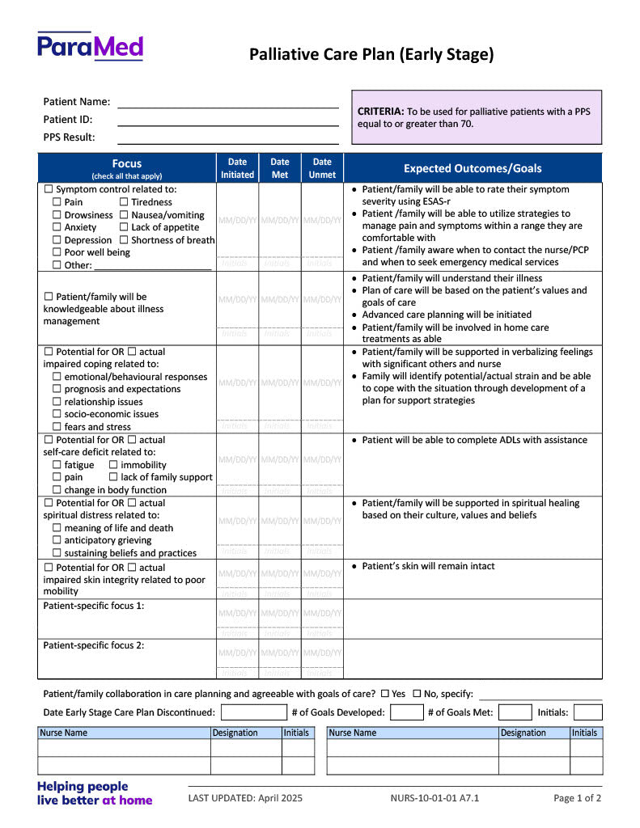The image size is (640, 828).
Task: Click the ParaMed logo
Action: click(90, 46)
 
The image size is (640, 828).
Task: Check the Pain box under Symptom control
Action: click(57, 202)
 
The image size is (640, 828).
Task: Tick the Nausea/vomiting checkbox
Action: click(124, 215)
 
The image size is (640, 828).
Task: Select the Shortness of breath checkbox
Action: click(124, 240)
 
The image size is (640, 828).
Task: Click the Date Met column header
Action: click(280, 168)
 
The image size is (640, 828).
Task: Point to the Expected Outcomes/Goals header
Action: click(473, 168)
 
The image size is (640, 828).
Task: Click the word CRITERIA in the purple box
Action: click(380, 112)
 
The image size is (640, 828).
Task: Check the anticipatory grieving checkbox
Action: click(57, 540)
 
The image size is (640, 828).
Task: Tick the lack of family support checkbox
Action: click(113, 477)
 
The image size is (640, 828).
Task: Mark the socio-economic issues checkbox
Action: click(57, 414)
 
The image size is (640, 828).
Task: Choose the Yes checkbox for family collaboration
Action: click(385, 694)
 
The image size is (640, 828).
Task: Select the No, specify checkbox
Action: click(417, 694)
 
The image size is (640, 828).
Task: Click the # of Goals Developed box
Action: click(407, 712)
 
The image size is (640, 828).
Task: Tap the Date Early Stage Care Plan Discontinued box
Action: click(253, 712)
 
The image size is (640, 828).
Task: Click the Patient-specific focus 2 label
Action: click(94, 645)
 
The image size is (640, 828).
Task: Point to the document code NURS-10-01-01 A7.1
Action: click(434, 798)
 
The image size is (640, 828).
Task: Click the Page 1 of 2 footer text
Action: click(577, 798)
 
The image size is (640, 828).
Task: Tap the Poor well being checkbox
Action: click(57, 252)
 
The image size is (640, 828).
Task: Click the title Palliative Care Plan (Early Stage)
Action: click(371, 55)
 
